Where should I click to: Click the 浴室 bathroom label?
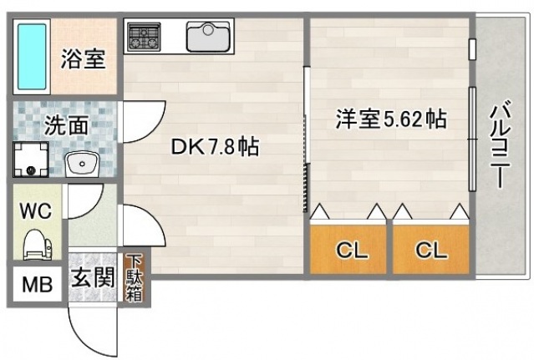click(x=81, y=59)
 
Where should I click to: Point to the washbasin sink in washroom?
click(x=81, y=161)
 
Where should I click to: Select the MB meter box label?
click(x=36, y=284)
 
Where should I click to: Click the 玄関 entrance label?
click(x=91, y=278)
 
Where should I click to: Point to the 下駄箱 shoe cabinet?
click(x=134, y=277)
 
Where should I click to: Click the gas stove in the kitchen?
click(x=144, y=36)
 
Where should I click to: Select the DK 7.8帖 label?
click(x=214, y=147)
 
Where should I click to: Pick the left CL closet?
click(x=348, y=250)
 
